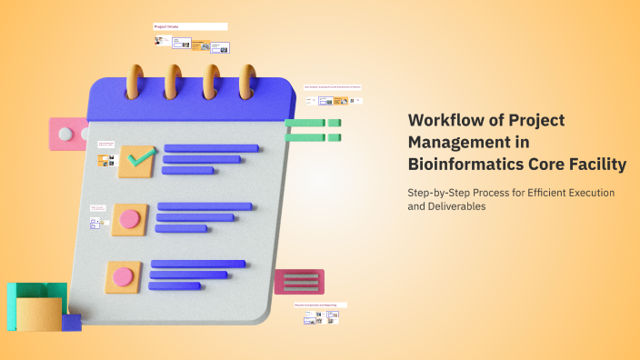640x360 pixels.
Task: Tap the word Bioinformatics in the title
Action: tap(464, 165)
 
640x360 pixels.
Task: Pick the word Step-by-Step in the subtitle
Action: tap(435, 192)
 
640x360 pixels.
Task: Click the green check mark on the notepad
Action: tap(140, 159)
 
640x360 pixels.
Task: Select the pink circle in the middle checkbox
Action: tap(130, 218)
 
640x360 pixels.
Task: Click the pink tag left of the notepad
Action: tap(67, 135)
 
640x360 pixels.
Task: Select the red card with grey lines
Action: tap(300, 282)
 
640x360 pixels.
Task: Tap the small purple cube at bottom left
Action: tap(73, 321)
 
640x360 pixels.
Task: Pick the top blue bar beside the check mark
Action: tap(211, 148)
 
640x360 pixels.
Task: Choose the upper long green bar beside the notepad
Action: tap(305, 123)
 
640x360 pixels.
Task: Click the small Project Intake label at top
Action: tap(166, 27)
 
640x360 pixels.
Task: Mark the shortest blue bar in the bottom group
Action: tap(175, 285)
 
